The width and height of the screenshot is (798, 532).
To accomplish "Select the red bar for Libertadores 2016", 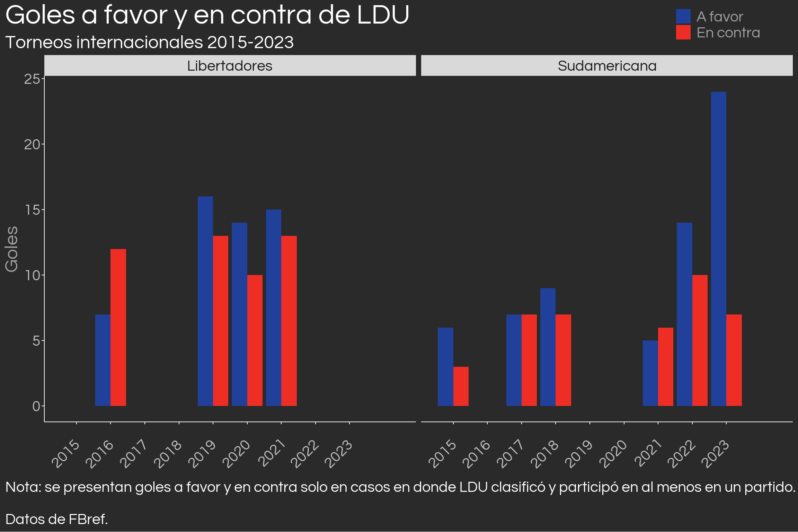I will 118,327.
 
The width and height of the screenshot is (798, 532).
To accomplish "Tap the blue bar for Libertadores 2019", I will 205,301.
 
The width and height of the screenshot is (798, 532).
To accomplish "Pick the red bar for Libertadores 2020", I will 255,340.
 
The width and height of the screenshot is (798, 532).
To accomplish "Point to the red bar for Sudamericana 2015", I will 461,386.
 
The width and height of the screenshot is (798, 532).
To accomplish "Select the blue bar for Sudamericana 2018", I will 548,347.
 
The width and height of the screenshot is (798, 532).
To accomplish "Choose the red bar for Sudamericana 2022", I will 700,340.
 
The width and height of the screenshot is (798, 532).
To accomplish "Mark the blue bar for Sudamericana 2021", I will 650,373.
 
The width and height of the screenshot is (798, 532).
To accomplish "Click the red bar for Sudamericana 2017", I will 529,360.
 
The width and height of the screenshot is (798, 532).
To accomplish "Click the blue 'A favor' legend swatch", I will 683,16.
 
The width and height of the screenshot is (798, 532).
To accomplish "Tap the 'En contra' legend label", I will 728,33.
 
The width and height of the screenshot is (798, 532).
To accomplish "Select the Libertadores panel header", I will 230,65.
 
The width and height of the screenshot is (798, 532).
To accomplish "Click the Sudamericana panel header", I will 607,65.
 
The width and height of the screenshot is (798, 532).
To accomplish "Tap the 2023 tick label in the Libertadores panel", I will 339,454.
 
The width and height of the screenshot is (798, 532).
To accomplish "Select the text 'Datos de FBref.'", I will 57,519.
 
